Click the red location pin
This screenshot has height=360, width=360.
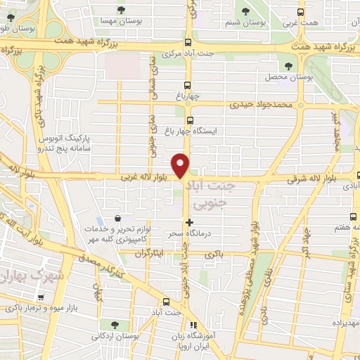(x=181, y=165)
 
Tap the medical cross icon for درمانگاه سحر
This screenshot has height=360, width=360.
(x=188, y=222)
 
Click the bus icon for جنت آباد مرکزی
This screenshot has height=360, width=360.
(x=188, y=41)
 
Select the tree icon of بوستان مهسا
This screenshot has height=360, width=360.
(x=122, y=10)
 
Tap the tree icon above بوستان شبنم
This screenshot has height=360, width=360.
(x=245, y=11)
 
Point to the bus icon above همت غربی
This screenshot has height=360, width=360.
(x=301, y=12)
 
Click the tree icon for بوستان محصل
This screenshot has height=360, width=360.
(x=288, y=65)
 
